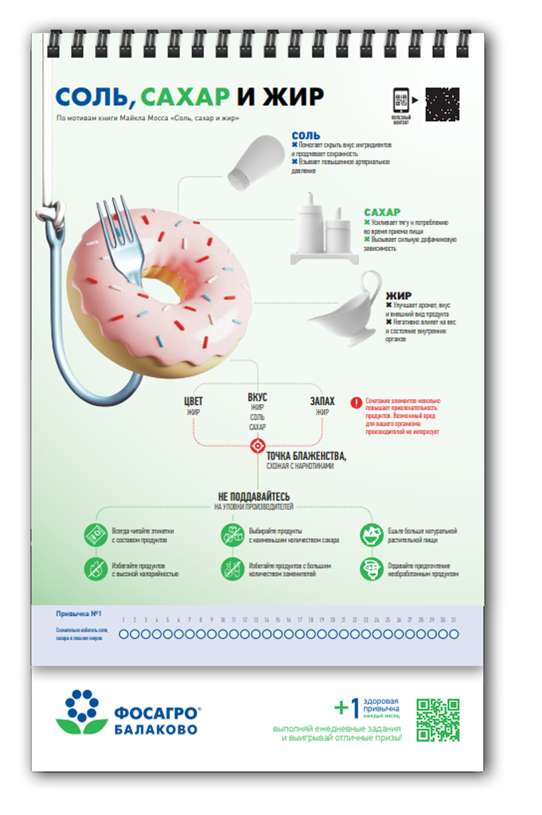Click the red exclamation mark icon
[356, 403]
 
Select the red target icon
[258, 446]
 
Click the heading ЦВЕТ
[193, 402]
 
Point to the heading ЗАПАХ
[322, 401]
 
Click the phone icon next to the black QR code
[401, 100]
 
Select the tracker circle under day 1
[123, 634]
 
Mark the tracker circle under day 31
[454, 634]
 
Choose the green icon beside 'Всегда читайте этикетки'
[96, 535]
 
